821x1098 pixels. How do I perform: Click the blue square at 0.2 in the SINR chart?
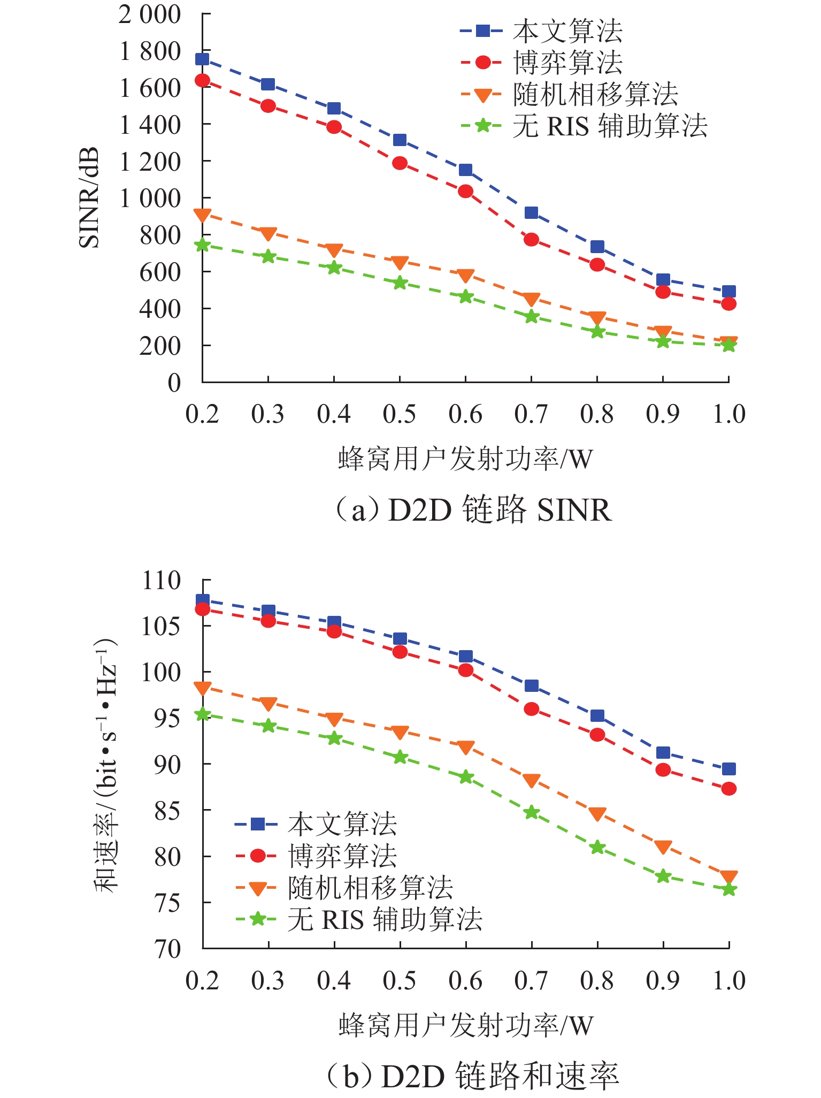202,59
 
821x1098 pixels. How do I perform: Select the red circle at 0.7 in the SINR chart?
531,239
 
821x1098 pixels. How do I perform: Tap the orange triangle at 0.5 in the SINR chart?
400,262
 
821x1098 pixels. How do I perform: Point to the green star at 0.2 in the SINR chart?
202,245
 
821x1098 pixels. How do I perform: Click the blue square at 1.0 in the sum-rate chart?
728,769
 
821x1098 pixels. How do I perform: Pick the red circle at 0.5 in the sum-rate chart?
400,652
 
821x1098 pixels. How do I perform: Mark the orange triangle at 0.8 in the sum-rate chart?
597,814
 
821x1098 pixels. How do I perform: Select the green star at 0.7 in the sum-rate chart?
531,813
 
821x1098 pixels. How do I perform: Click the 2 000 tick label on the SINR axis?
150,15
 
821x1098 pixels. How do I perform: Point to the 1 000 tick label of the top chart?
150,199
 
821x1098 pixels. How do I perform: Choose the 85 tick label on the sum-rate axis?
168,810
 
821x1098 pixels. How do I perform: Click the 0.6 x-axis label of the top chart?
465,414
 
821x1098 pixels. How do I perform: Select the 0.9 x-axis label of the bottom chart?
663,980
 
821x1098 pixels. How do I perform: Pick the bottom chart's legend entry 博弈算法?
342,856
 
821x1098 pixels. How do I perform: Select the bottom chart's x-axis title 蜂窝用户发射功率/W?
466,1025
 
